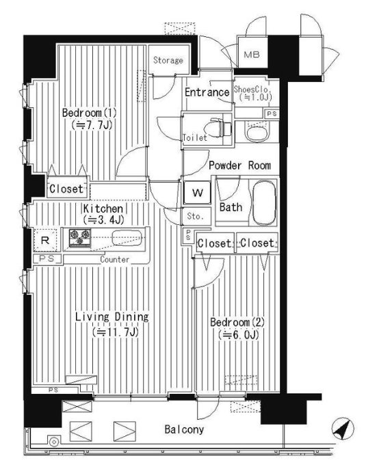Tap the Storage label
pyautogui.click(x=168, y=61)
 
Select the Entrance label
pyautogui.click(x=206, y=93)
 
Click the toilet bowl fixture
pyautogui.click(x=220, y=127)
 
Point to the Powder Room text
pyautogui.click(x=239, y=165)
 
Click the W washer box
pyautogui.click(x=197, y=193)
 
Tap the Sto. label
pyautogui.click(x=194, y=218)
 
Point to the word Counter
pyautogui.click(x=115, y=260)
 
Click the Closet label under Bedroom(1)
pyautogui.click(x=66, y=189)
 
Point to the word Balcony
pyautogui.click(x=183, y=430)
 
